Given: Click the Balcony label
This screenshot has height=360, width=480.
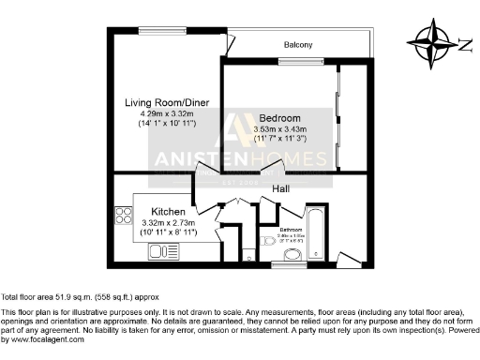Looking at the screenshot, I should pos(298,45).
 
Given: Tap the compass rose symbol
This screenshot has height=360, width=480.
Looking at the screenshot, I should pos(430,41).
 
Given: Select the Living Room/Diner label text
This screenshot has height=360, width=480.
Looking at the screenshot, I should pos(168,102).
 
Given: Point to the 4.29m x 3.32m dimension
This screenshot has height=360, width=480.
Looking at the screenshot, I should pos(168,113).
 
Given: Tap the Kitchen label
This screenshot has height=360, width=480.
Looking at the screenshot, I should pos(168,212).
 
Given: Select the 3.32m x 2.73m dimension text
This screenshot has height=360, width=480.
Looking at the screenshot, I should pos(168,223).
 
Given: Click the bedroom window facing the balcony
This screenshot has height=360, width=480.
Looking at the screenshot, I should pos(293,62).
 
